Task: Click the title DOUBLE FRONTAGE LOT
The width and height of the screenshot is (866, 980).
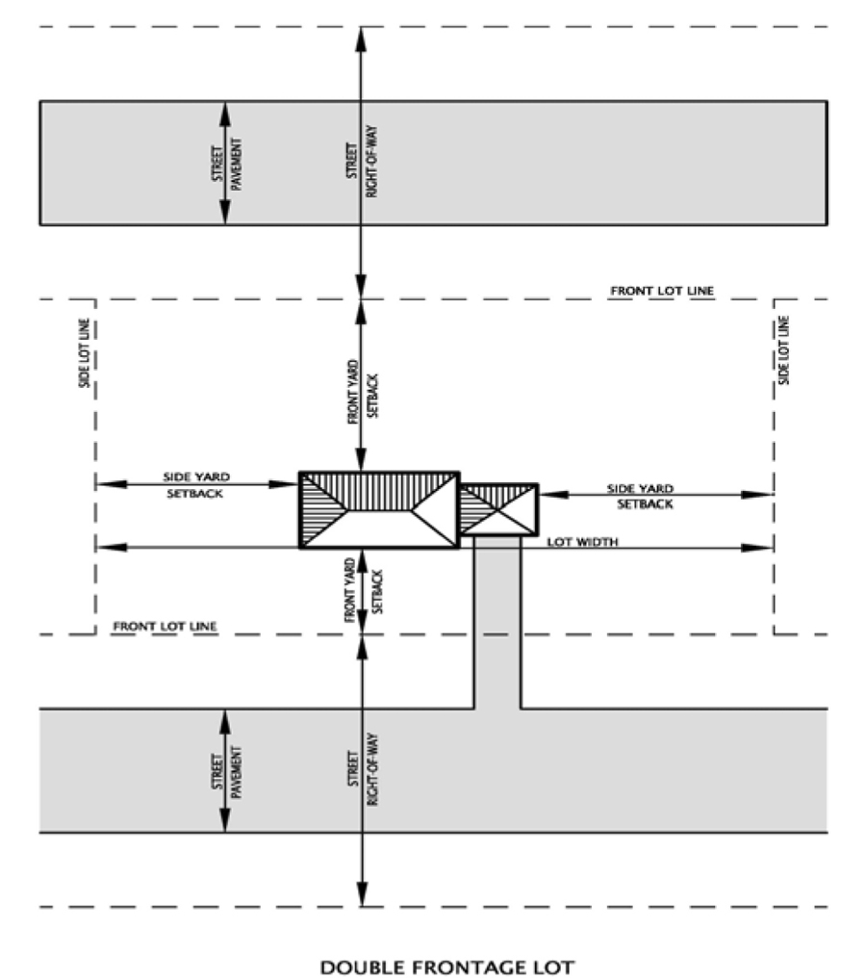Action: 446,966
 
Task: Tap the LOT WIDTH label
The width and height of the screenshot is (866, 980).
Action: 583,542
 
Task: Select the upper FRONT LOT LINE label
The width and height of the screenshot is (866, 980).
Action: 662,290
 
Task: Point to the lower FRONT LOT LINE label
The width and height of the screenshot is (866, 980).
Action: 165,626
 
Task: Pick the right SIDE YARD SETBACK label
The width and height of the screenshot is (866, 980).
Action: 640,495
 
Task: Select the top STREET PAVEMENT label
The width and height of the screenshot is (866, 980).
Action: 227,162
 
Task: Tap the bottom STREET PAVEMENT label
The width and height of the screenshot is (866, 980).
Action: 227,770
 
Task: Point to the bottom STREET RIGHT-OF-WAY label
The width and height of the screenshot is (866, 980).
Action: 362,770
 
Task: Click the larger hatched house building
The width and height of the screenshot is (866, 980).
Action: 378,510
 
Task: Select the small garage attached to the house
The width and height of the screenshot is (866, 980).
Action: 497,509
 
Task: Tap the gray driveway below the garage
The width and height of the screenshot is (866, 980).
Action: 497,626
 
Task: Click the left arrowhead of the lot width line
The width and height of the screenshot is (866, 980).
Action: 103,548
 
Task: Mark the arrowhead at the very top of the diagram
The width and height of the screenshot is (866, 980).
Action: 360,36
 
